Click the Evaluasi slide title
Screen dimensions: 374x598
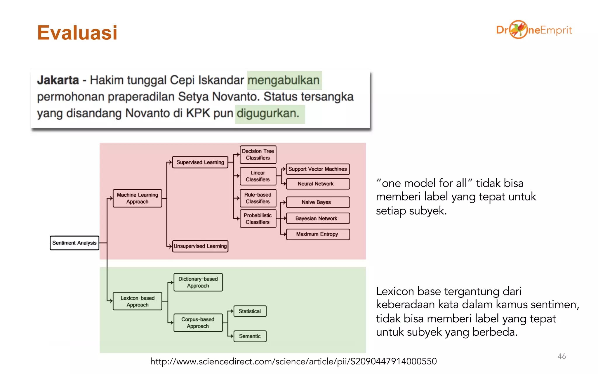tap(77, 32)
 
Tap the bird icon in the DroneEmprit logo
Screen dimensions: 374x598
tap(518, 30)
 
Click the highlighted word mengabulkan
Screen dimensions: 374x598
tap(284, 80)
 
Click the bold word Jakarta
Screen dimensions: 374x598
tap(58, 80)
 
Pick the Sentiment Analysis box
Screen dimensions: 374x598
tap(74, 243)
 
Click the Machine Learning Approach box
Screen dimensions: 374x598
tap(137, 198)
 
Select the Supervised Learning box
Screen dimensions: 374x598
tap(200, 162)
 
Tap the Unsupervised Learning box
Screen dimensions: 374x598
tap(200, 246)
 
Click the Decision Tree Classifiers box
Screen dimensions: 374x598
tap(258, 154)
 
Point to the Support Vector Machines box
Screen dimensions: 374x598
tap(318, 169)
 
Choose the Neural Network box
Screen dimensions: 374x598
tap(318, 184)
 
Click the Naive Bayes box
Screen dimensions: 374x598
tap(318, 202)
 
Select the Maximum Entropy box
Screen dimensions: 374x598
tap(318, 234)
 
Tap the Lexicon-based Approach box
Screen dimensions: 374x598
tap(137, 301)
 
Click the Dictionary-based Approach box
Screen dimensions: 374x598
tap(198, 282)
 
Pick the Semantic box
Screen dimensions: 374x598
tap(250, 336)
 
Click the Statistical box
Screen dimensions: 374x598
tap(250, 311)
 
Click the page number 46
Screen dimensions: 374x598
tap(562, 356)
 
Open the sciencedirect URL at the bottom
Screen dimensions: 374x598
tap(293, 361)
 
